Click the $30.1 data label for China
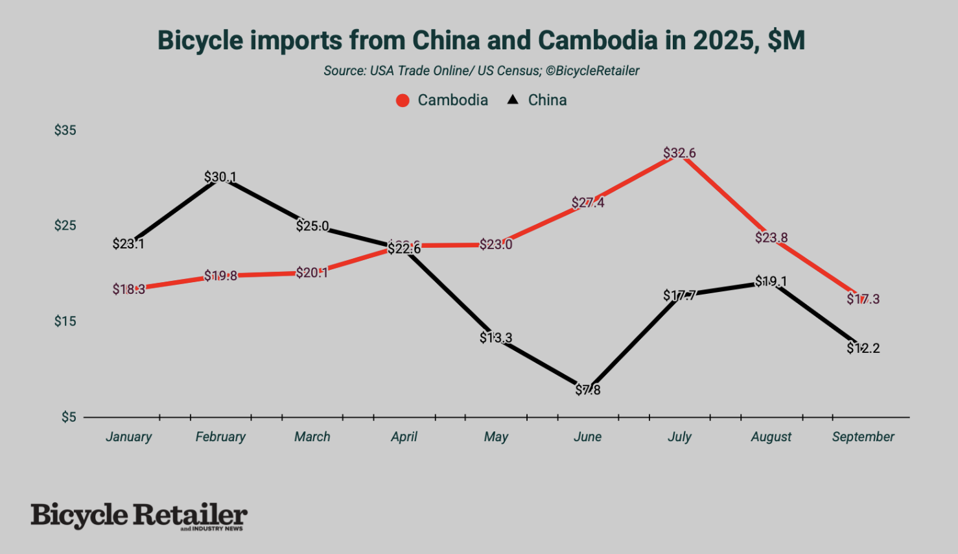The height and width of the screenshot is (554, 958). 220,177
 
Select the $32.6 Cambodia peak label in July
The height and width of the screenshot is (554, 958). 679,153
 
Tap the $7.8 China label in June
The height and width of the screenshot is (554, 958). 588,390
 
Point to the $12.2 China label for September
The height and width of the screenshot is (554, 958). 863,348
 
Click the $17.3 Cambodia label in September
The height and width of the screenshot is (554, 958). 863,299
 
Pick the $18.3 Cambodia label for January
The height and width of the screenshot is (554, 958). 128,289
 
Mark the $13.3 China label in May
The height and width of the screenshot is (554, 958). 496,338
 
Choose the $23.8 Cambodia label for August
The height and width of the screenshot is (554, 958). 771,237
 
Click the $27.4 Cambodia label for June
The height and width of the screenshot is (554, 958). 588,203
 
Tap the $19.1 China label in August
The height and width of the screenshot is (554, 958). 771,282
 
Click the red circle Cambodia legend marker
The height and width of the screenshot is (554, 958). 403,101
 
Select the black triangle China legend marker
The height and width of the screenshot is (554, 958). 513,100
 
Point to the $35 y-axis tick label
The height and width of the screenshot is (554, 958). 65,130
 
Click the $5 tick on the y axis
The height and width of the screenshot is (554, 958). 69,417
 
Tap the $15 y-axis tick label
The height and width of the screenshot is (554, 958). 65,321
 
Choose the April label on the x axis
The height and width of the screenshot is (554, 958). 404,437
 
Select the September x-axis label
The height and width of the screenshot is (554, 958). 863,437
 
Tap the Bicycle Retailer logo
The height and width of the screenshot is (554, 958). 139,516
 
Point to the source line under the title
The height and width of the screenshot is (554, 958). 481,71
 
